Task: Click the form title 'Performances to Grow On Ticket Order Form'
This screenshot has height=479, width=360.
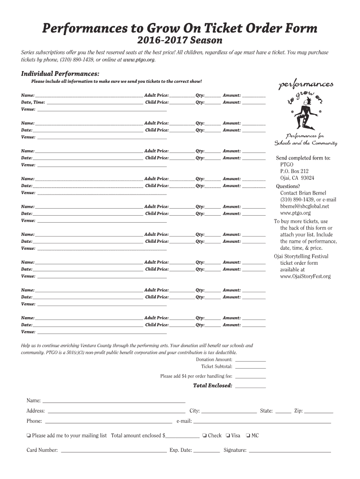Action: [180, 29]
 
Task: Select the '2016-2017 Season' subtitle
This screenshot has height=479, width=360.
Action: [180, 41]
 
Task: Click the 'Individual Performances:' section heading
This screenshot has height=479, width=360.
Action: [60, 74]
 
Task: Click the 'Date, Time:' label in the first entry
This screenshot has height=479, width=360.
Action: [33, 102]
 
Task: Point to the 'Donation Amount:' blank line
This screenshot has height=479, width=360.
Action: [250, 360]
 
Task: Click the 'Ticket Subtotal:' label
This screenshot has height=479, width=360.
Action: [216, 367]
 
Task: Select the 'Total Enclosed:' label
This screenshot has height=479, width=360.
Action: [212, 386]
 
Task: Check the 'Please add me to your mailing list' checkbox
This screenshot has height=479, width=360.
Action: [29, 436]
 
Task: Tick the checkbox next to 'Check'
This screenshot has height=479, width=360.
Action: [205, 436]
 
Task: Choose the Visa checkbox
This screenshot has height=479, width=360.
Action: [228, 436]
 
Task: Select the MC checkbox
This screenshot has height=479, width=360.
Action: [248, 436]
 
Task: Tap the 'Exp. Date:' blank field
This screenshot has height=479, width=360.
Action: [207, 451]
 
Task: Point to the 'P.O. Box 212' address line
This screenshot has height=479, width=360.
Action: [294, 172]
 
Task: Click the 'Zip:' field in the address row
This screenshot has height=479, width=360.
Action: [318, 412]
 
